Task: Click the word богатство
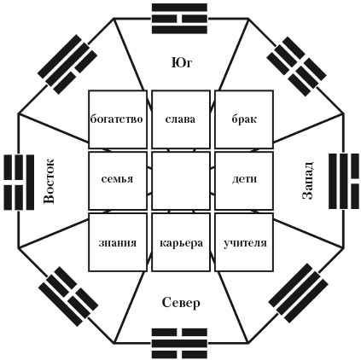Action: (x=116, y=119)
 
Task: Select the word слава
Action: (x=180, y=119)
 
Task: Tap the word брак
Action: (x=244, y=119)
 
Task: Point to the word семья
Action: (x=117, y=179)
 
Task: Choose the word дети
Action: (x=244, y=179)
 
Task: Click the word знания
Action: (x=118, y=243)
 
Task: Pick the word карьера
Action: (x=182, y=243)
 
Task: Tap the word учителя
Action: (x=245, y=243)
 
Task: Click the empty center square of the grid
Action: (x=181, y=181)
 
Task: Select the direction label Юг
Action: (x=182, y=63)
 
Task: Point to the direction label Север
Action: (x=181, y=303)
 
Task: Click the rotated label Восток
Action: (x=49, y=181)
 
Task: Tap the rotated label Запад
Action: (x=307, y=180)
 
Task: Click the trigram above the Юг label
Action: (x=179, y=19)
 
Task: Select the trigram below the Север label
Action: (x=179, y=343)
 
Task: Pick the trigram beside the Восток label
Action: (x=19, y=183)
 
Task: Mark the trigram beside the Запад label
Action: (x=344, y=181)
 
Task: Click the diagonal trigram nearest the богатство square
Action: (x=67, y=64)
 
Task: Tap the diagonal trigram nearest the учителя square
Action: (x=299, y=293)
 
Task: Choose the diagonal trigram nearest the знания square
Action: (x=68, y=296)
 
